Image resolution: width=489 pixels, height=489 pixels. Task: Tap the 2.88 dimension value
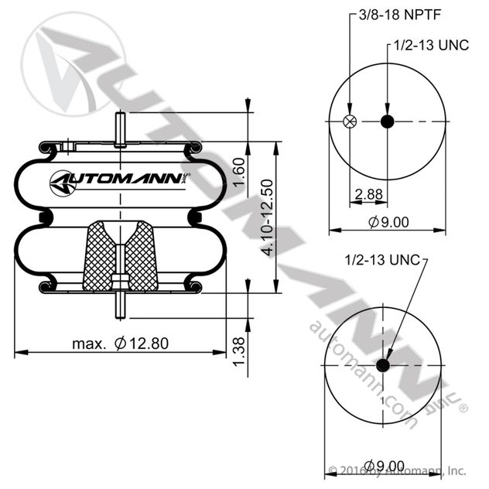(368, 193)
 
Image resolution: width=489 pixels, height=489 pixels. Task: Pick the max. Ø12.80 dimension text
(121, 342)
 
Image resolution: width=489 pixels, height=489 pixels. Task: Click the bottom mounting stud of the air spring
(121, 305)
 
